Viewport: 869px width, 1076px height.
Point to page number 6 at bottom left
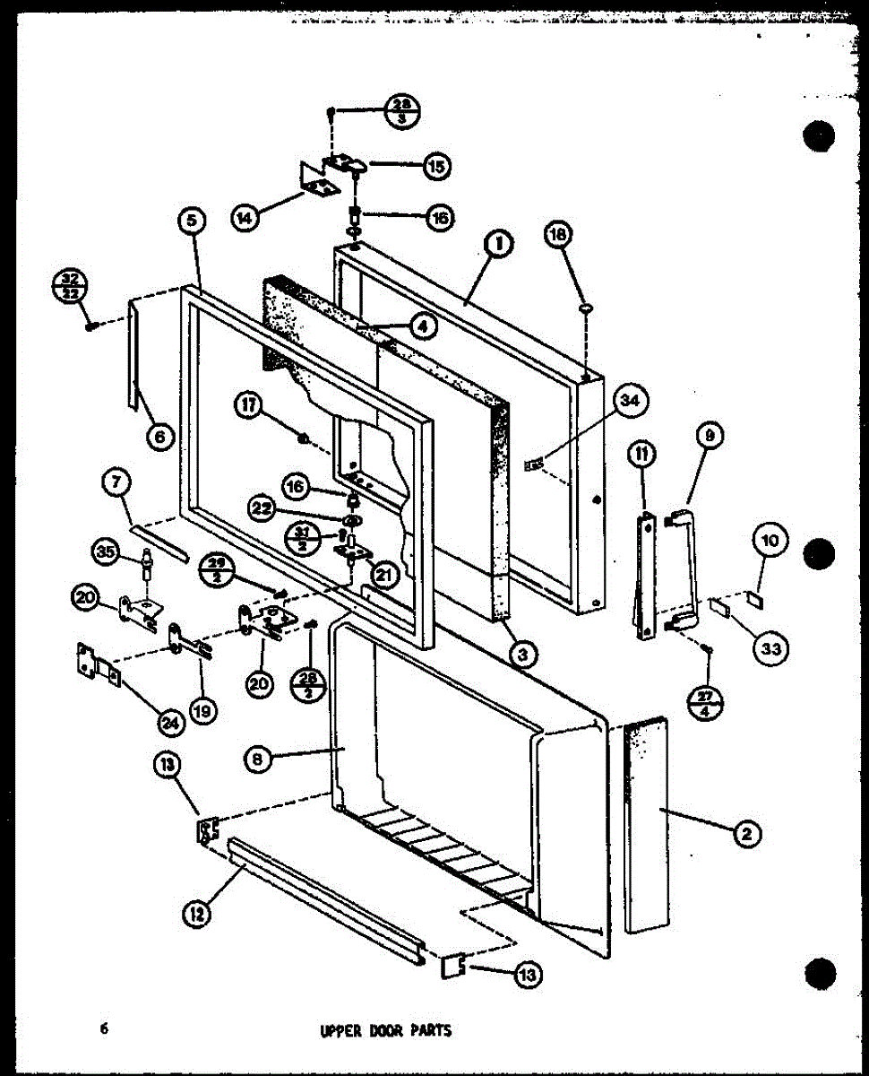point(104,1028)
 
